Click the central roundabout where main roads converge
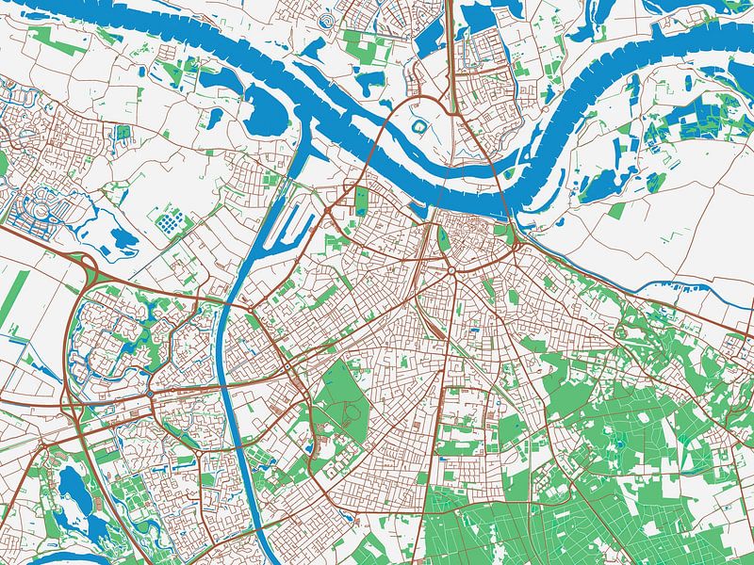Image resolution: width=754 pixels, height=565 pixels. point(451,272)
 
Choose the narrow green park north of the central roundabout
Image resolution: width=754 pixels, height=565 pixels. point(443,240)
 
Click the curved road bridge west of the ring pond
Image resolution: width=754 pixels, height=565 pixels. point(382,132)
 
